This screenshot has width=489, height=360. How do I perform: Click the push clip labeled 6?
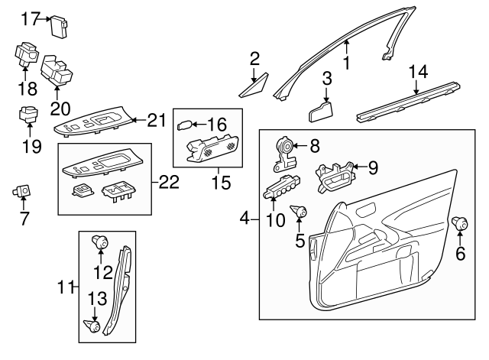[x=460, y=223]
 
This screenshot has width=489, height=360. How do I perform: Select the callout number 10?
[x=275, y=220]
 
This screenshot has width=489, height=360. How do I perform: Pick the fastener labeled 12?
[x=99, y=244]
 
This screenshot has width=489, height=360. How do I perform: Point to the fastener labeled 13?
[x=96, y=326]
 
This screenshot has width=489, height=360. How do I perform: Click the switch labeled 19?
[x=28, y=115]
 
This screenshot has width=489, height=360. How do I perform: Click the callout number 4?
[x=244, y=219]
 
